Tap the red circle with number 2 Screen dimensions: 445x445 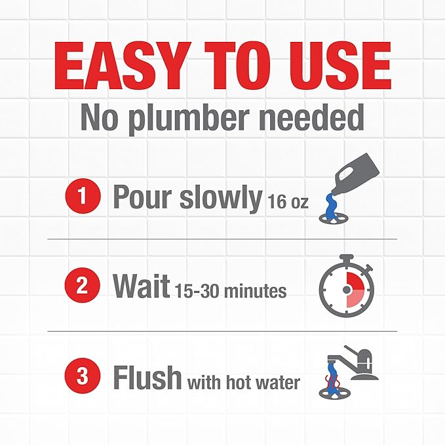point(83,286)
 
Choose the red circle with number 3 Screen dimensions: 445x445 point(83,377)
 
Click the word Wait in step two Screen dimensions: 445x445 point(141,286)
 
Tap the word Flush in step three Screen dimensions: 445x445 point(147,377)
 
